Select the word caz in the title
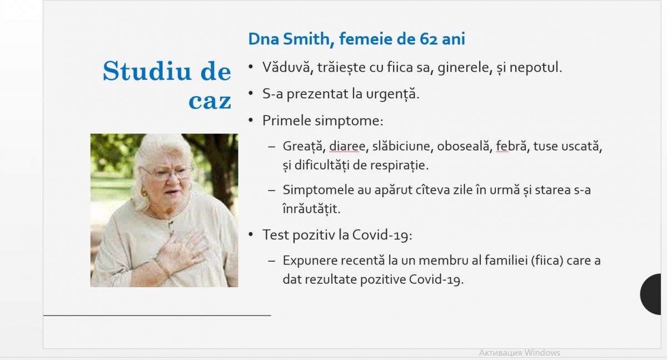(x=210, y=101)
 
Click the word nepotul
(x=536, y=68)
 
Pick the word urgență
(x=392, y=94)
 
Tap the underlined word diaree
(x=347, y=146)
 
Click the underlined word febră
(x=511, y=146)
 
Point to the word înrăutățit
(x=311, y=208)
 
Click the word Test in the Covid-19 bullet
(x=276, y=235)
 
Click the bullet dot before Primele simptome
(x=251, y=120)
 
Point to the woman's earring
(x=144, y=193)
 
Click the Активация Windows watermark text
(x=520, y=353)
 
